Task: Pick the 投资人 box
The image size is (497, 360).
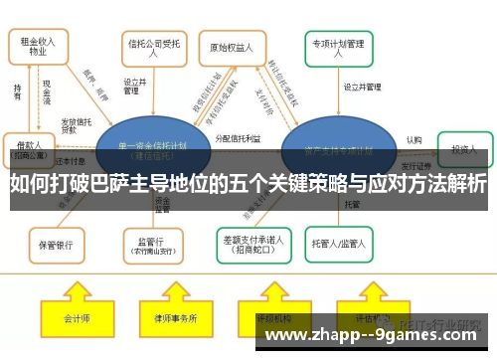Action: pyautogui.click(x=466, y=148)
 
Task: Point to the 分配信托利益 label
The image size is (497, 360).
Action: pyautogui.click(x=238, y=140)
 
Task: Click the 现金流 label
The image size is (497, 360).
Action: pyautogui.click(x=47, y=93)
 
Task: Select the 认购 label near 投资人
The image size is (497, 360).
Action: pyautogui.click(x=414, y=140)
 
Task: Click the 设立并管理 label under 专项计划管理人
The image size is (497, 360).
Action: pyautogui.click(x=363, y=88)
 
